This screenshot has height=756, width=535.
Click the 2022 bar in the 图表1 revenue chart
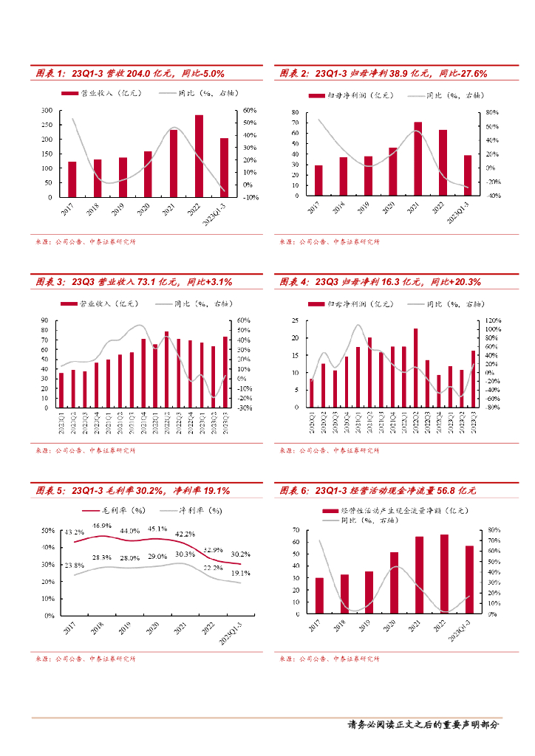199,157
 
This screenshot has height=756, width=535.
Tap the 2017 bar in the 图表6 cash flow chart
319,595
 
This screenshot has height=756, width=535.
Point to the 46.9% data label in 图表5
102,526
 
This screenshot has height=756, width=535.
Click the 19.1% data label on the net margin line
241,572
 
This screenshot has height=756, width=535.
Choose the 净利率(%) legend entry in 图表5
190,510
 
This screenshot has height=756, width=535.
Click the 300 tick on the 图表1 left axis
46,110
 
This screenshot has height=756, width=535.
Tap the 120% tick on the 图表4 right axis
492,320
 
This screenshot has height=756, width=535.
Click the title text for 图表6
378,490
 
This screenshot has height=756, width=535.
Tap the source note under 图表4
329,450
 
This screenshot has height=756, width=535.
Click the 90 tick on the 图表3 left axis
47,320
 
